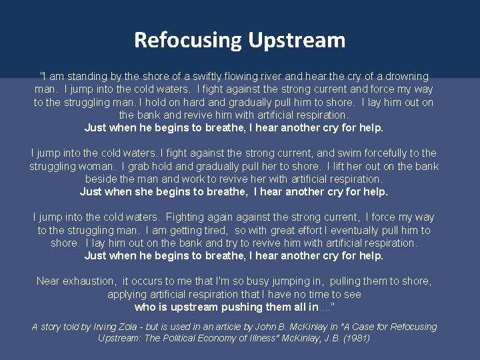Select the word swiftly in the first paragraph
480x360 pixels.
218,77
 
